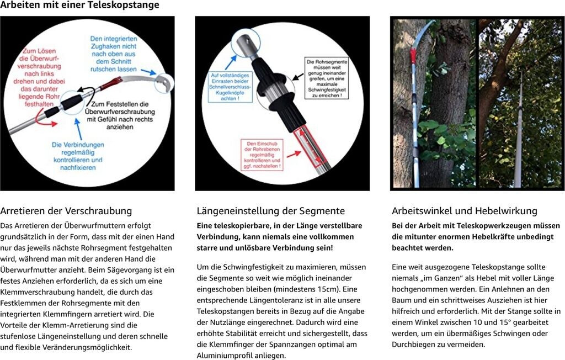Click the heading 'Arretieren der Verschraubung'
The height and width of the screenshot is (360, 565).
(66, 211)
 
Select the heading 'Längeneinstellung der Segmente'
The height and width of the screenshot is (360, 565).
(270, 211)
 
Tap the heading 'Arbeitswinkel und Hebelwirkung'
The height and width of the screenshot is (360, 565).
(464, 211)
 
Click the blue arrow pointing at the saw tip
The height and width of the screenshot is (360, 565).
(147, 71)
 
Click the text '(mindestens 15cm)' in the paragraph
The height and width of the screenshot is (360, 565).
(313, 289)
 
